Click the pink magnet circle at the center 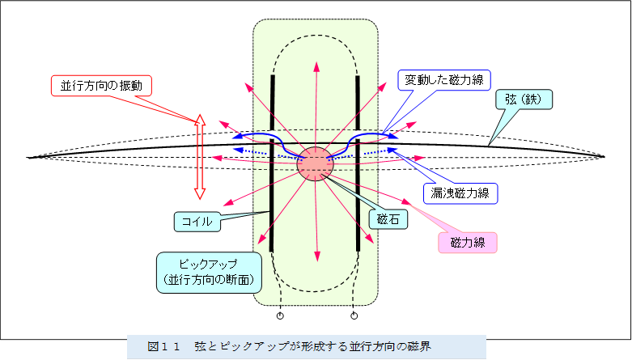pos(315,164)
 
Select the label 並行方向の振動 pos(102,85)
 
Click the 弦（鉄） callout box pos(524,100)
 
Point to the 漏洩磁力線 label pos(460,193)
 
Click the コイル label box pos(197,220)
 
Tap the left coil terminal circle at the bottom pos(280,316)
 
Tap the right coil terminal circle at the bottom pos(354,316)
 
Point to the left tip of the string pos(29,156)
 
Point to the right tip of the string pos(603,156)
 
